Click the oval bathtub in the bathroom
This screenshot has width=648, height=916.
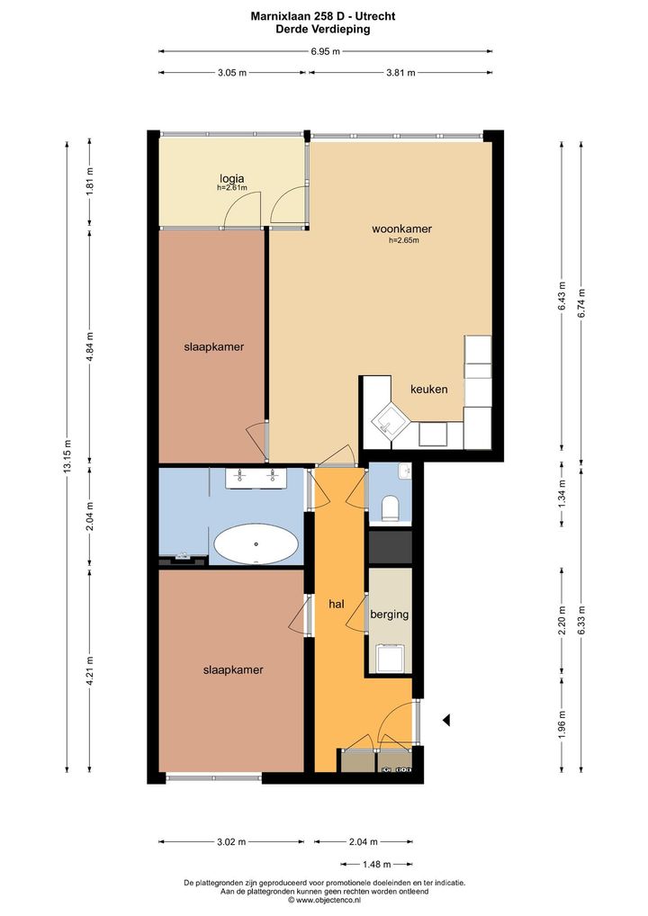point(256,545)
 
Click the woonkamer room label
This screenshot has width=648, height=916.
point(402,229)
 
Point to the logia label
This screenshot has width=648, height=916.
point(232,179)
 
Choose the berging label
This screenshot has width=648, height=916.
point(389,615)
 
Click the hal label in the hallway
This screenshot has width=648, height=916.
point(337,605)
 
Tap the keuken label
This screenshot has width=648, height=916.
point(429,389)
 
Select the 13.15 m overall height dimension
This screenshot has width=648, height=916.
point(67,455)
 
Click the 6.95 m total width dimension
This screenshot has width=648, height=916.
point(326,51)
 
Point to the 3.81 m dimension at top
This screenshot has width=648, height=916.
point(400,73)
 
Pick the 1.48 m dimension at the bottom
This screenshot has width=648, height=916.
point(377,864)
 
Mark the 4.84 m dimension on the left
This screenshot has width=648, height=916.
point(89,347)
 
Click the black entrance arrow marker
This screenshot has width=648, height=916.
point(446,721)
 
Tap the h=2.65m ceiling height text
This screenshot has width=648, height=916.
point(404,239)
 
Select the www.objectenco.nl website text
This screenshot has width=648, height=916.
point(328,900)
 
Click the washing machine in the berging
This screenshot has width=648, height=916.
point(390,657)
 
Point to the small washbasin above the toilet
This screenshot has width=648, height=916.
point(405,471)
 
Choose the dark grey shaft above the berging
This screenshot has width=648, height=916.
point(390,547)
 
